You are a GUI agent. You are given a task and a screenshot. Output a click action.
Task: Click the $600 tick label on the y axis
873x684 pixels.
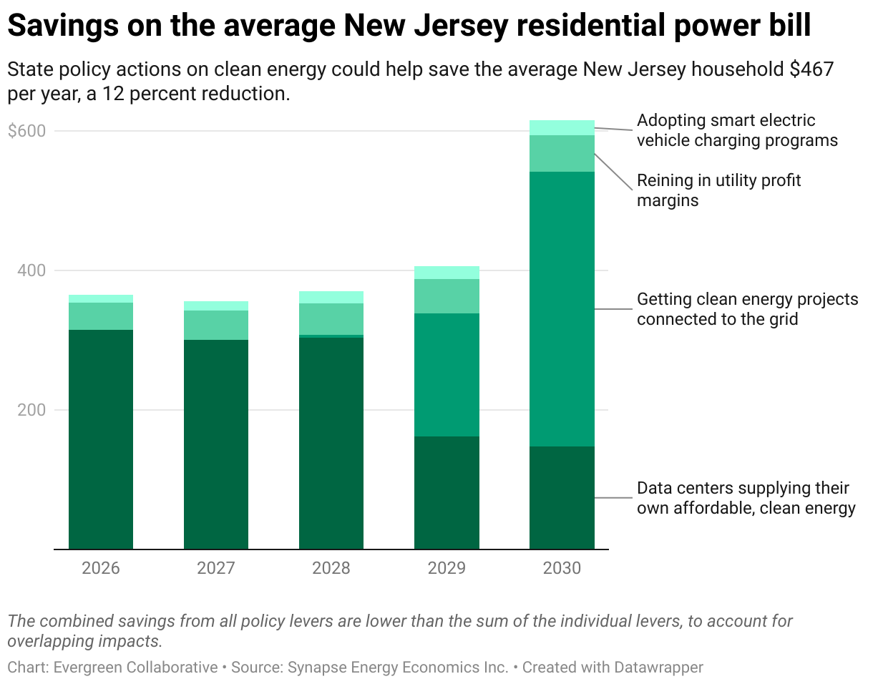tap(26, 131)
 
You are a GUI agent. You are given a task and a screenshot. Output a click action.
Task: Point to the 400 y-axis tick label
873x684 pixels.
tap(31, 270)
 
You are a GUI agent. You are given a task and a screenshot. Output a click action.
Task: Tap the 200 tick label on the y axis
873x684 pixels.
tap(31, 410)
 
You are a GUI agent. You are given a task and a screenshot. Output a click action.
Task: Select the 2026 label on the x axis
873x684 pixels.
tap(101, 568)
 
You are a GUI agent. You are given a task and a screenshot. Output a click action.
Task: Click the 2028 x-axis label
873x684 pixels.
tap(331, 568)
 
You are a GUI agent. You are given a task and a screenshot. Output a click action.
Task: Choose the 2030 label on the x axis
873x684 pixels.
tap(562, 568)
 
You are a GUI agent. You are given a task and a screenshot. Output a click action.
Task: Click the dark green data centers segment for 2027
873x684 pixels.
tap(216, 444)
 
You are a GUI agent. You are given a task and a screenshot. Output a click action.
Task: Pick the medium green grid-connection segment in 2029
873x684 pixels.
tap(447, 375)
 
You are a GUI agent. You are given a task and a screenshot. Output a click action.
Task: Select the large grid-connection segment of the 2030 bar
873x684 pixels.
tap(562, 309)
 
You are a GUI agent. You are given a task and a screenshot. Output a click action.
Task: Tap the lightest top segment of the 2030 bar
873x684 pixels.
tap(562, 128)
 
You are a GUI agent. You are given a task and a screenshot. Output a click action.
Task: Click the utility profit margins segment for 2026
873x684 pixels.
tap(101, 316)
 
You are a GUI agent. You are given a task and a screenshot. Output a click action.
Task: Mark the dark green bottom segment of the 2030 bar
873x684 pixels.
tap(562, 498)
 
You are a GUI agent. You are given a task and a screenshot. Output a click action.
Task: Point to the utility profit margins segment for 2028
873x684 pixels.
tap(331, 319)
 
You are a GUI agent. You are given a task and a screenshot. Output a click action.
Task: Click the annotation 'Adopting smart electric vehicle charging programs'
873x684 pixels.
tap(737, 130)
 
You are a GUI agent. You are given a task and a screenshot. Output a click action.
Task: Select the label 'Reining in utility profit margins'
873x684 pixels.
tap(718, 190)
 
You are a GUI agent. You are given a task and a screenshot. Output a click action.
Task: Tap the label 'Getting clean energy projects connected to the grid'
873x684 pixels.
tap(747, 309)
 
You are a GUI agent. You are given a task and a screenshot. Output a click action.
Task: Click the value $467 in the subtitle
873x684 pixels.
tap(811, 69)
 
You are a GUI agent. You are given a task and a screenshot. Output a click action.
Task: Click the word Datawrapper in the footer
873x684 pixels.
tap(659, 668)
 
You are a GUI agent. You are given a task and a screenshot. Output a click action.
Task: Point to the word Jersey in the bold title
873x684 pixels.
tap(461, 26)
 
